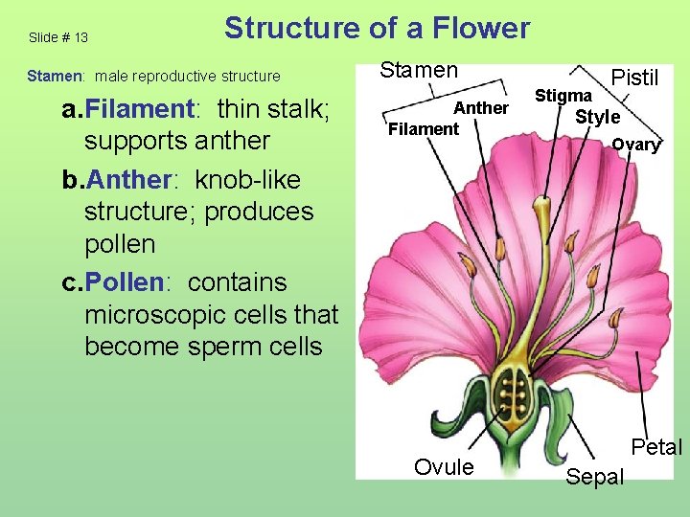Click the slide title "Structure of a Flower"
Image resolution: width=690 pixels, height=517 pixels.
377,29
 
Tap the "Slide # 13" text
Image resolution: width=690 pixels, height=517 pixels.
58,38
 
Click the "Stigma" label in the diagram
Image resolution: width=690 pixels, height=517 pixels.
563,96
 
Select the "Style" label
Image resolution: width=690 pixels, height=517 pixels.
597,118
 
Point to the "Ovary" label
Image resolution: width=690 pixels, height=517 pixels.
636,145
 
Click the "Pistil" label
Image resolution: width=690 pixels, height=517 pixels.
634,78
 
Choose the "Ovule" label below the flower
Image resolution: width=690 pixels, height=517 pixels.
444,467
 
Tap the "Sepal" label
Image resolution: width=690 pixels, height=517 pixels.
595,477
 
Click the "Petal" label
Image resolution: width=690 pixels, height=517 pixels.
656,447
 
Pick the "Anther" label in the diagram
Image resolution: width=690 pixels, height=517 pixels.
481,108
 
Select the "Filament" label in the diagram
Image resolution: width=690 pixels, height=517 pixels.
424,128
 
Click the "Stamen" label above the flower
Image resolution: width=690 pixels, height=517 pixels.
419,70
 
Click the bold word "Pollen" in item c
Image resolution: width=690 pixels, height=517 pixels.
127,282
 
